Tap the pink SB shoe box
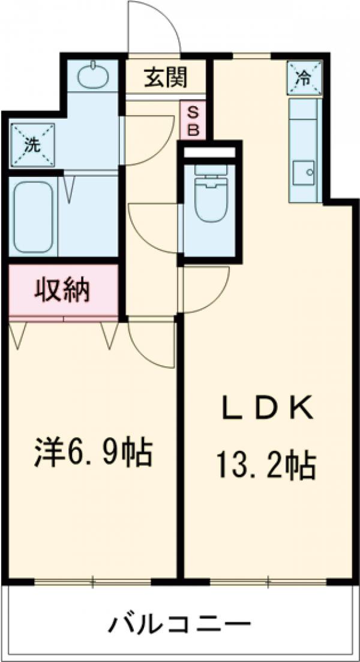click(x=192, y=121)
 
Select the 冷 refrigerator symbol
click(x=305, y=77)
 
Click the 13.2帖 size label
click(x=266, y=464)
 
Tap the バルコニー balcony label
click(x=179, y=626)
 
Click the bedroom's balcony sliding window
click(x=93, y=580)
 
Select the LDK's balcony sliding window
click(x=268, y=580)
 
